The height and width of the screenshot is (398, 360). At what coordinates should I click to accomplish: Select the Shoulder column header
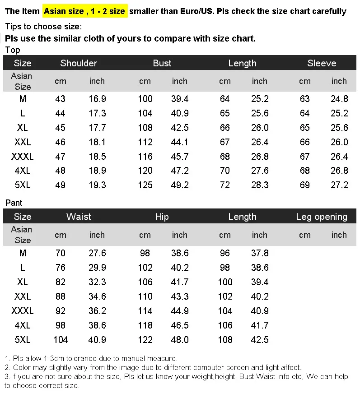79,63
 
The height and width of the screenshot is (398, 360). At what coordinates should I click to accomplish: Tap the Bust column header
162,63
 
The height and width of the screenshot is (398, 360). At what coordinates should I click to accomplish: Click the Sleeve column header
322,63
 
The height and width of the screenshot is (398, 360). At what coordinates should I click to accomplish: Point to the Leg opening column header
322,217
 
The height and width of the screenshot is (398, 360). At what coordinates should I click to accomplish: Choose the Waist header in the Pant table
79,217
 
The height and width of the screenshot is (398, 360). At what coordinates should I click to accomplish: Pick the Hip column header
162,217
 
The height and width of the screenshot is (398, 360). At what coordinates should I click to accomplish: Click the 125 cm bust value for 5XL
145,185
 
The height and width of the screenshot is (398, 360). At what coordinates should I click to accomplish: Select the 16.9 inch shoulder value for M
97,99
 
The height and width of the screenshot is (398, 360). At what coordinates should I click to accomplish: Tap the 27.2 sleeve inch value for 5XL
339,185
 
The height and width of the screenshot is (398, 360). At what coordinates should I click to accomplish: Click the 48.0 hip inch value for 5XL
179,339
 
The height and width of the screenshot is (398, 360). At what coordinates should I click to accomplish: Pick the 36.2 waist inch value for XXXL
97,310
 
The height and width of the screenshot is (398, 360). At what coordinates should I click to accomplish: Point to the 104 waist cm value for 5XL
61,339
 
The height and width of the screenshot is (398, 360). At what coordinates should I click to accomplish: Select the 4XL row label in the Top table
23,171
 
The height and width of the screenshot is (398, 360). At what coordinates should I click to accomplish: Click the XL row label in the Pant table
23,282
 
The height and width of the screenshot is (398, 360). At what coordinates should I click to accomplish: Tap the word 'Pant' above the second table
14,203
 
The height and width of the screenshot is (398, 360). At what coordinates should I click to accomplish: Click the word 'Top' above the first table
13,50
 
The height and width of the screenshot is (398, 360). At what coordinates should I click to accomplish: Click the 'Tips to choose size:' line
44,27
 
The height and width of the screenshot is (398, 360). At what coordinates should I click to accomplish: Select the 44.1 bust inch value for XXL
179,142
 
